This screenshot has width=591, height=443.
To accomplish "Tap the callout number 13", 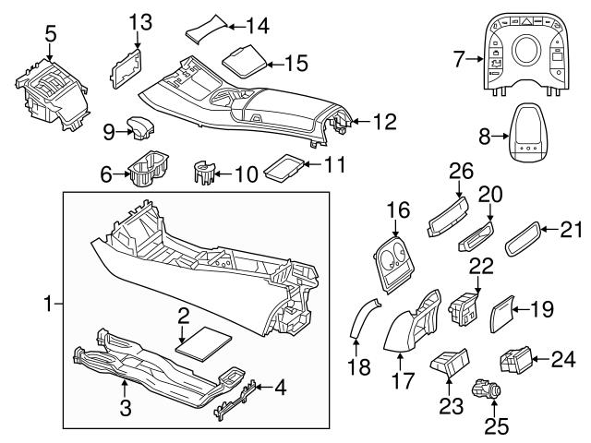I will (139, 22).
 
